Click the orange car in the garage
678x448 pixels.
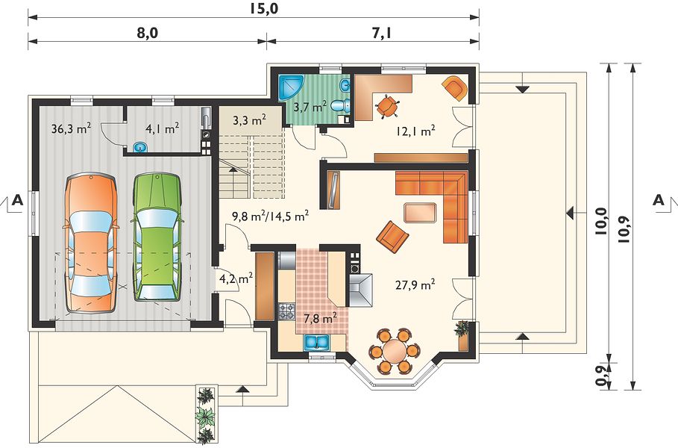90,243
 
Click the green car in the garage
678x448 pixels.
157,237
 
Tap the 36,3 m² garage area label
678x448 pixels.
71,128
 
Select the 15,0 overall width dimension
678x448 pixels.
263,9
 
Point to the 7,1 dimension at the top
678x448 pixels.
382,33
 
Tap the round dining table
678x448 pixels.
394,351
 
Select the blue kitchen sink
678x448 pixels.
317,342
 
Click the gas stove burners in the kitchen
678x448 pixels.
286,311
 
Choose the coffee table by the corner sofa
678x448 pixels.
420,213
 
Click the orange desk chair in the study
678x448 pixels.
386,106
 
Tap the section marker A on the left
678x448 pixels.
17,200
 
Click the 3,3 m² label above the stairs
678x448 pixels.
249,120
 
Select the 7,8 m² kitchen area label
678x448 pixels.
321,319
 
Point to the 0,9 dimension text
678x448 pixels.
600,376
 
